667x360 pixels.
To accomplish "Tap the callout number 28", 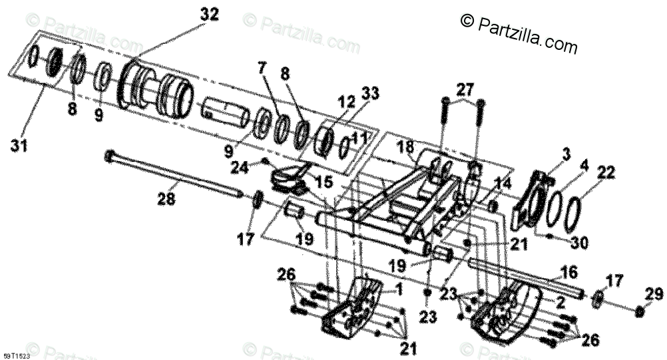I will (x=167, y=198).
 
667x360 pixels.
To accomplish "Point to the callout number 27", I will (x=465, y=89).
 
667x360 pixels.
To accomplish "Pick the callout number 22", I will (x=606, y=172).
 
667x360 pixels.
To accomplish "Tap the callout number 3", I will (x=565, y=154).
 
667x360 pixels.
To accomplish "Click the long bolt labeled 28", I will (x=173, y=176).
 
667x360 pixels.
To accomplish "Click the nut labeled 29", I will (x=639, y=311).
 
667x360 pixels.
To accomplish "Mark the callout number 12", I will (x=346, y=102).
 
